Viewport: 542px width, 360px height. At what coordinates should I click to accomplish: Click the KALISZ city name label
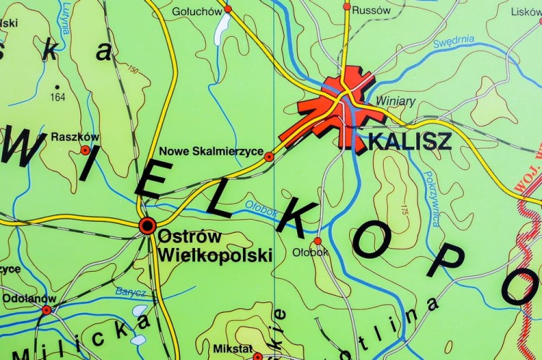[410, 141]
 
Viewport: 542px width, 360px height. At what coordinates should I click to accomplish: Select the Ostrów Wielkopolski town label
[215, 246]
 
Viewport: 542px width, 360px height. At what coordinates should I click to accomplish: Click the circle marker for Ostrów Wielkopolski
[147, 226]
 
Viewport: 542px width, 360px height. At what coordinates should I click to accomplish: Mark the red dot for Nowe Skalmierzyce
[269, 156]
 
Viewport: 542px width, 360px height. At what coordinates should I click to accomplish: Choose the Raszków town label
[75, 137]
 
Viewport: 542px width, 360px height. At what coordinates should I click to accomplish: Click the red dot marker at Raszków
[85, 150]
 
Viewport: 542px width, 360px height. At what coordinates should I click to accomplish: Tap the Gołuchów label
[197, 11]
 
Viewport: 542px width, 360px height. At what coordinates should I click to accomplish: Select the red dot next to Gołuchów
[228, 9]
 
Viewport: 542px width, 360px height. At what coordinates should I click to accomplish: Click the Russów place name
[373, 10]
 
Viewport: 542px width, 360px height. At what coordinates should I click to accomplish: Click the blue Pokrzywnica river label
[431, 199]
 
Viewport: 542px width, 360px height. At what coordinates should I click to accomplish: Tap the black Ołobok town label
[310, 253]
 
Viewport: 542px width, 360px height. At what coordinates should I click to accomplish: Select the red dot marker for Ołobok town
[317, 241]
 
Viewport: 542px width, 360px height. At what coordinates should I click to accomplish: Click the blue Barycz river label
[130, 292]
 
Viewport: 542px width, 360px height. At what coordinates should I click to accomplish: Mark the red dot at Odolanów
[46, 310]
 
